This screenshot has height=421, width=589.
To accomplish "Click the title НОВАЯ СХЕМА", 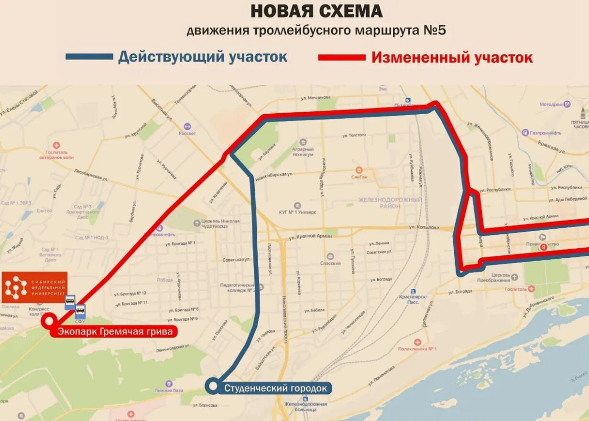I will tap(316, 11).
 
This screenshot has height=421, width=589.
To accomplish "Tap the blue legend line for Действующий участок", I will tap(89, 57).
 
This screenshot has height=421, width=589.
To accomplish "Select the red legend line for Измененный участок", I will tap(341, 57).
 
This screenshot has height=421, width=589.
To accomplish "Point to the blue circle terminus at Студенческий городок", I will tap(213, 386).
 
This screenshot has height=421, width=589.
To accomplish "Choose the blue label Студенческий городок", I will tap(275, 388).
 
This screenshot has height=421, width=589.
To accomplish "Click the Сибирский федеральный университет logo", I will tap(34, 287).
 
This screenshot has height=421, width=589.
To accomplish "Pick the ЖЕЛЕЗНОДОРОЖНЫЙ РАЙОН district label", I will tap(391, 202).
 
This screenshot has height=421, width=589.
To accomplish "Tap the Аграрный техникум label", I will tap(303, 151).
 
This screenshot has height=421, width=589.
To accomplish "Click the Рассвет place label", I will tap(187, 133).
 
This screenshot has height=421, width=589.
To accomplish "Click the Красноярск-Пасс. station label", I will tap(413, 299).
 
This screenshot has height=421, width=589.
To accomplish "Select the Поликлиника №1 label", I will tap(419, 348).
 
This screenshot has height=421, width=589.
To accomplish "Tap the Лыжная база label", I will tap(169, 390).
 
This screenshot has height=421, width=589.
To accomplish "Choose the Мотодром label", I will tap(551, 104).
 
